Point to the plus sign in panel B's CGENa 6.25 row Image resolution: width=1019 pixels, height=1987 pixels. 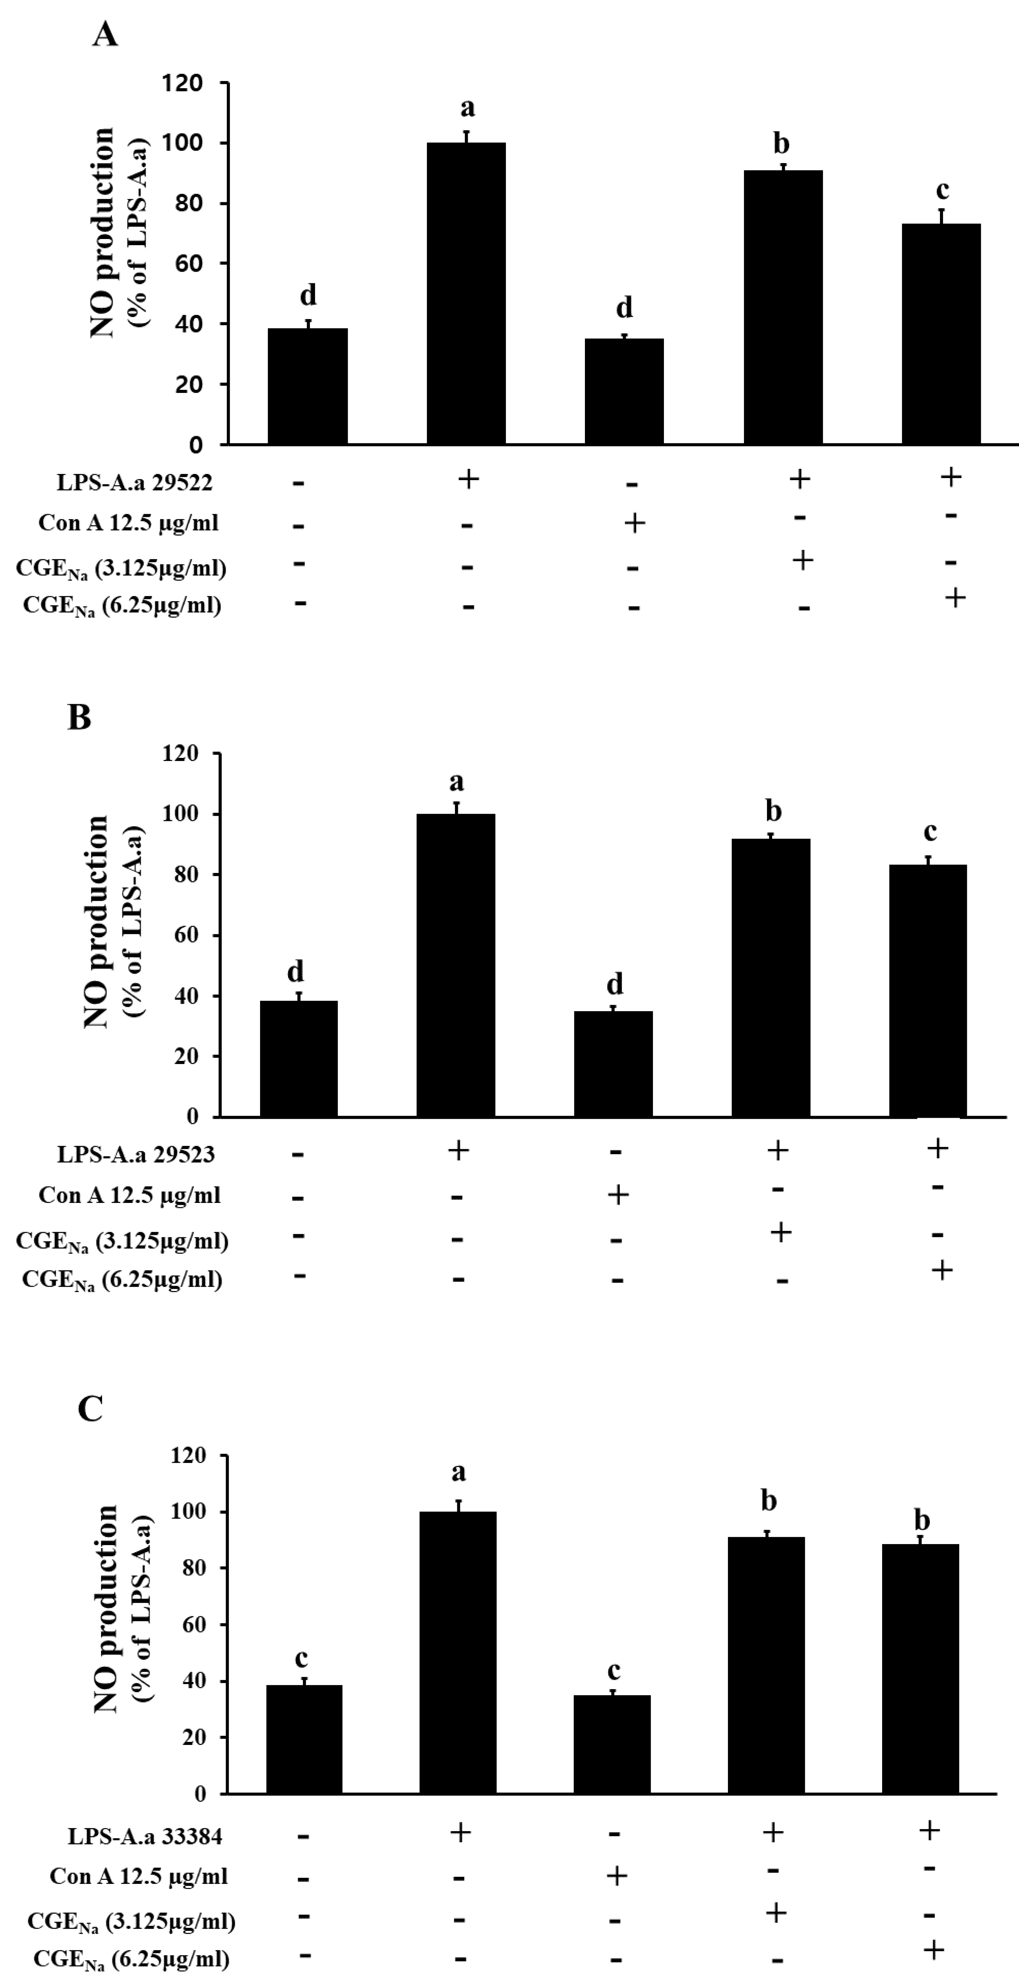click(x=941, y=1270)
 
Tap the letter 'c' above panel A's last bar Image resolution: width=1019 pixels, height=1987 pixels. click(x=942, y=190)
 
